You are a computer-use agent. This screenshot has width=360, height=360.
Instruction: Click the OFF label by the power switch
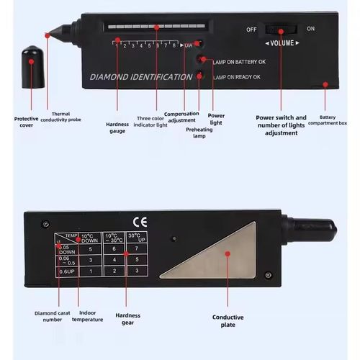coord(251,30)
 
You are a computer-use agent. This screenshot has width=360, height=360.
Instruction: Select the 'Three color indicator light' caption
coord(152,122)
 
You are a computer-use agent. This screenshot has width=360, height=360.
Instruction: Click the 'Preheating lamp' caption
coord(199,133)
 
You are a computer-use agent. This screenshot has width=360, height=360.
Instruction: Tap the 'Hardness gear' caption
coord(128,319)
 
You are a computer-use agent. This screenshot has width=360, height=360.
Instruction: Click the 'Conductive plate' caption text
coord(228,321)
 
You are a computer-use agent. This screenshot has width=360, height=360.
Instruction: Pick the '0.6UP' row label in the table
coord(66,271)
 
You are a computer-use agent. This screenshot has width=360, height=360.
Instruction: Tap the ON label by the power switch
coord(310,29)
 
